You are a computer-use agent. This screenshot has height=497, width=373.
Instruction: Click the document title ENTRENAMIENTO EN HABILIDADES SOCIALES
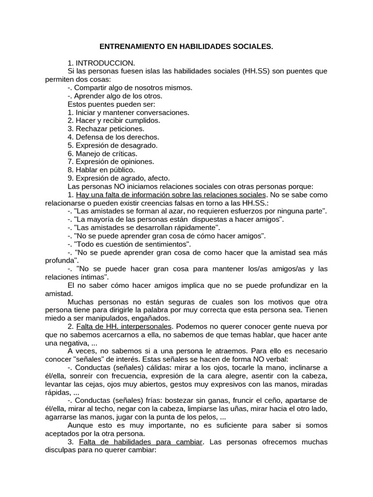pos(186,47)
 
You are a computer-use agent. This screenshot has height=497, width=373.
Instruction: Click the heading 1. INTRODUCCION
pos(101,63)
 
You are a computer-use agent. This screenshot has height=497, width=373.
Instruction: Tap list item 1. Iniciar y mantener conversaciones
pos(128,112)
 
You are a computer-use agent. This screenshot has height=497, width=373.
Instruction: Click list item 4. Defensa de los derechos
pos(113,137)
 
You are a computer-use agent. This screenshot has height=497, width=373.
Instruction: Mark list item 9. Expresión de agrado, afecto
pos(119,178)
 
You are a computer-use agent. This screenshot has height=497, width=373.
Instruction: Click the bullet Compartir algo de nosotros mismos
pos(130,87)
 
